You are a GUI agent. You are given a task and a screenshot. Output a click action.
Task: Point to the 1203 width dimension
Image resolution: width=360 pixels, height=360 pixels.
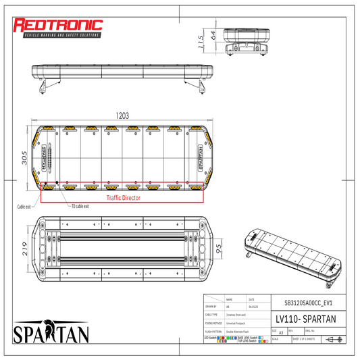(x=122, y=115)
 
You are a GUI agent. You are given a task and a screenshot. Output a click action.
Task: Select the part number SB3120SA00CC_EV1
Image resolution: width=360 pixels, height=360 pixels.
(x=305, y=304)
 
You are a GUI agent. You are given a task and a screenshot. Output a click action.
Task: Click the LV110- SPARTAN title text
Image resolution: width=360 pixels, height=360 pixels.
(x=305, y=318)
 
